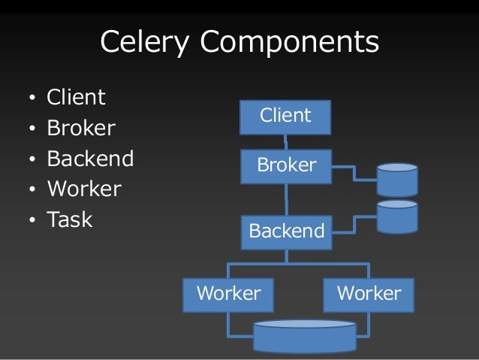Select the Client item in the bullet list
[x=76, y=98]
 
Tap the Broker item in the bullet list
[x=81, y=129]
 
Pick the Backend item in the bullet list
[x=90, y=159]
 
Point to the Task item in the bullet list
[x=70, y=220]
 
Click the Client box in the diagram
[x=285, y=116]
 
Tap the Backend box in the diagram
[x=286, y=231]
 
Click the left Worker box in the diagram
[x=228, y=294]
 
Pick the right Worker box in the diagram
[x=369, y=294]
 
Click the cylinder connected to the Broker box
[x=397, y=180]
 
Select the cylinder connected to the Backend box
[x=397, y=216]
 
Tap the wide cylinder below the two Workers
[x=305, y=336]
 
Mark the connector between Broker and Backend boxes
[x=287, y=199]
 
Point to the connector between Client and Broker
[x=286, y=141]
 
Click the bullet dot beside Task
[x=32, y=221]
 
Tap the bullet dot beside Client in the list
[x=32, y=99]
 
